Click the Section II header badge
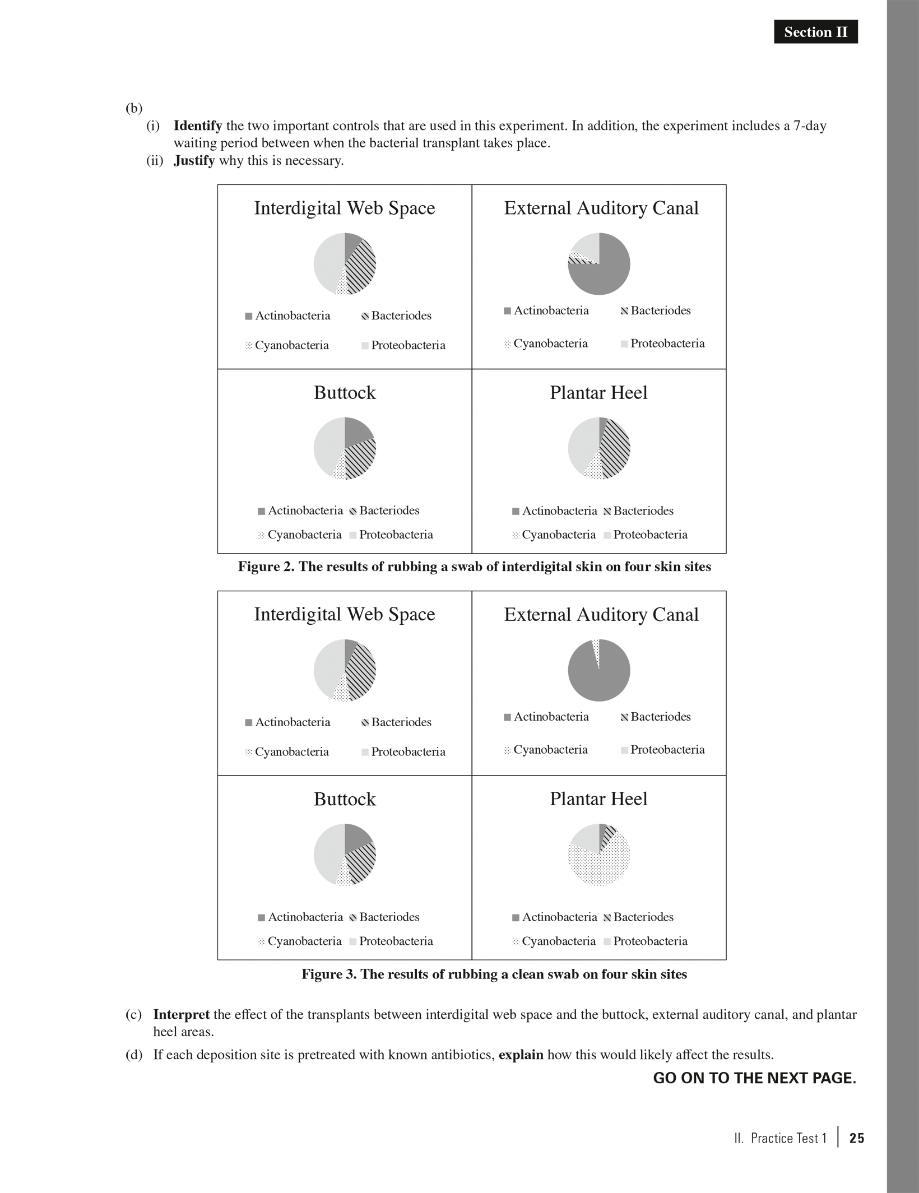pos(815,32)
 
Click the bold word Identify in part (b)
pos(197,126)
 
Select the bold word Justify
pos(194,161)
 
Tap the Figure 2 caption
pos(474,567)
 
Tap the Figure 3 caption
pos(494,974)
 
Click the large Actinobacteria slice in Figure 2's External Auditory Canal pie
pos(605,275)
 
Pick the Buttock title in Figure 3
pos(345,799)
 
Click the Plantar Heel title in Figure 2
pos(598,392)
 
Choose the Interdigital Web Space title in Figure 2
pos(345,208)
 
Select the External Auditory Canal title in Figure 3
pos(601,614)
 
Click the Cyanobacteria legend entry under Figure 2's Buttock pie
pos(300,535)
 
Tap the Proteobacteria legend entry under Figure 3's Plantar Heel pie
pos(646,941)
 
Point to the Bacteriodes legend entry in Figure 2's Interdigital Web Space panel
pos(397,315)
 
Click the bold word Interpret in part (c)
pos(181,1014)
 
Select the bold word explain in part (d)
pos(521,1055)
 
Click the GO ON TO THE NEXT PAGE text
pos(754,1078)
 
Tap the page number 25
pos(856,1138)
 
